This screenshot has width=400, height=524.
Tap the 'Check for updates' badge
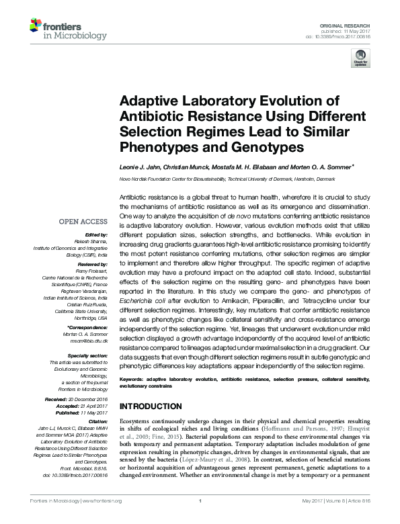point(361,61)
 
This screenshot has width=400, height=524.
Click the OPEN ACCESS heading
point(83,222)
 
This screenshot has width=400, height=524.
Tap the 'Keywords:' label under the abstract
point(133,380)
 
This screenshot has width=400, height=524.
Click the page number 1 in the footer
point(200,519)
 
